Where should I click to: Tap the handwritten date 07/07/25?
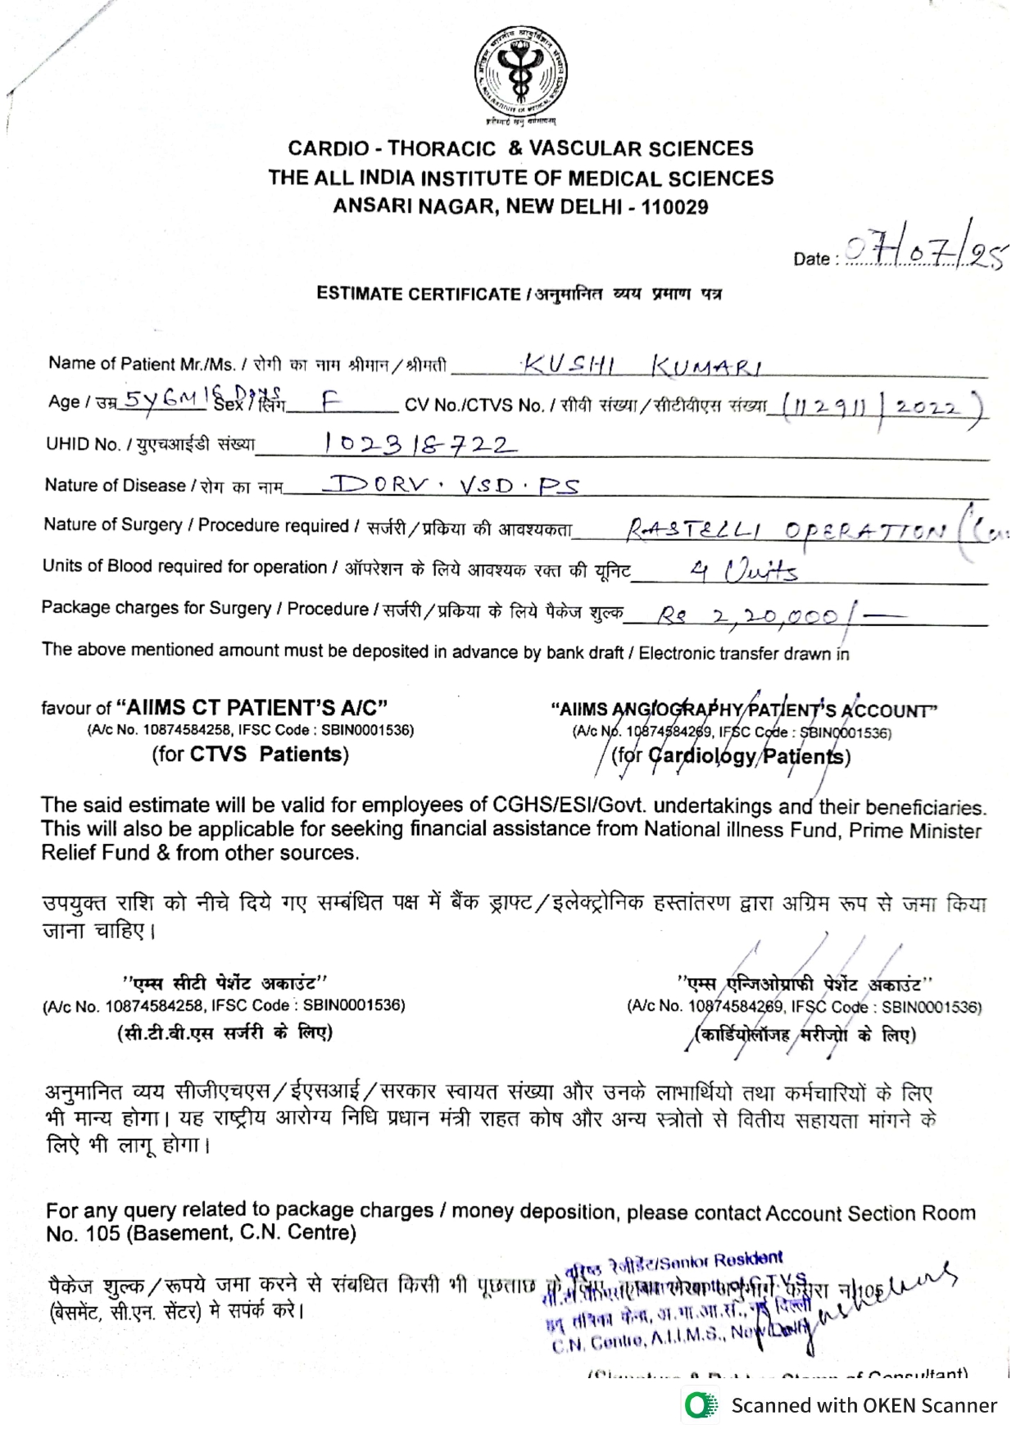[925, 251]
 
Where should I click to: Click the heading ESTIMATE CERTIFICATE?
[419, 294]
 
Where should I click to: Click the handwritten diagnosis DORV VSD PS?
[451, 485]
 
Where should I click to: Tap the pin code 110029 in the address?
[674, 207]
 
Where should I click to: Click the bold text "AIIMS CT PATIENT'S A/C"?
[252, 707]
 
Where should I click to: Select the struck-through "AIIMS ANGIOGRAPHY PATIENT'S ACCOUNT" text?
[744, 710]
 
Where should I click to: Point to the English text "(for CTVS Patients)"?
[251, 754]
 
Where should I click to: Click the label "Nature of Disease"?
[115, 485]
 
